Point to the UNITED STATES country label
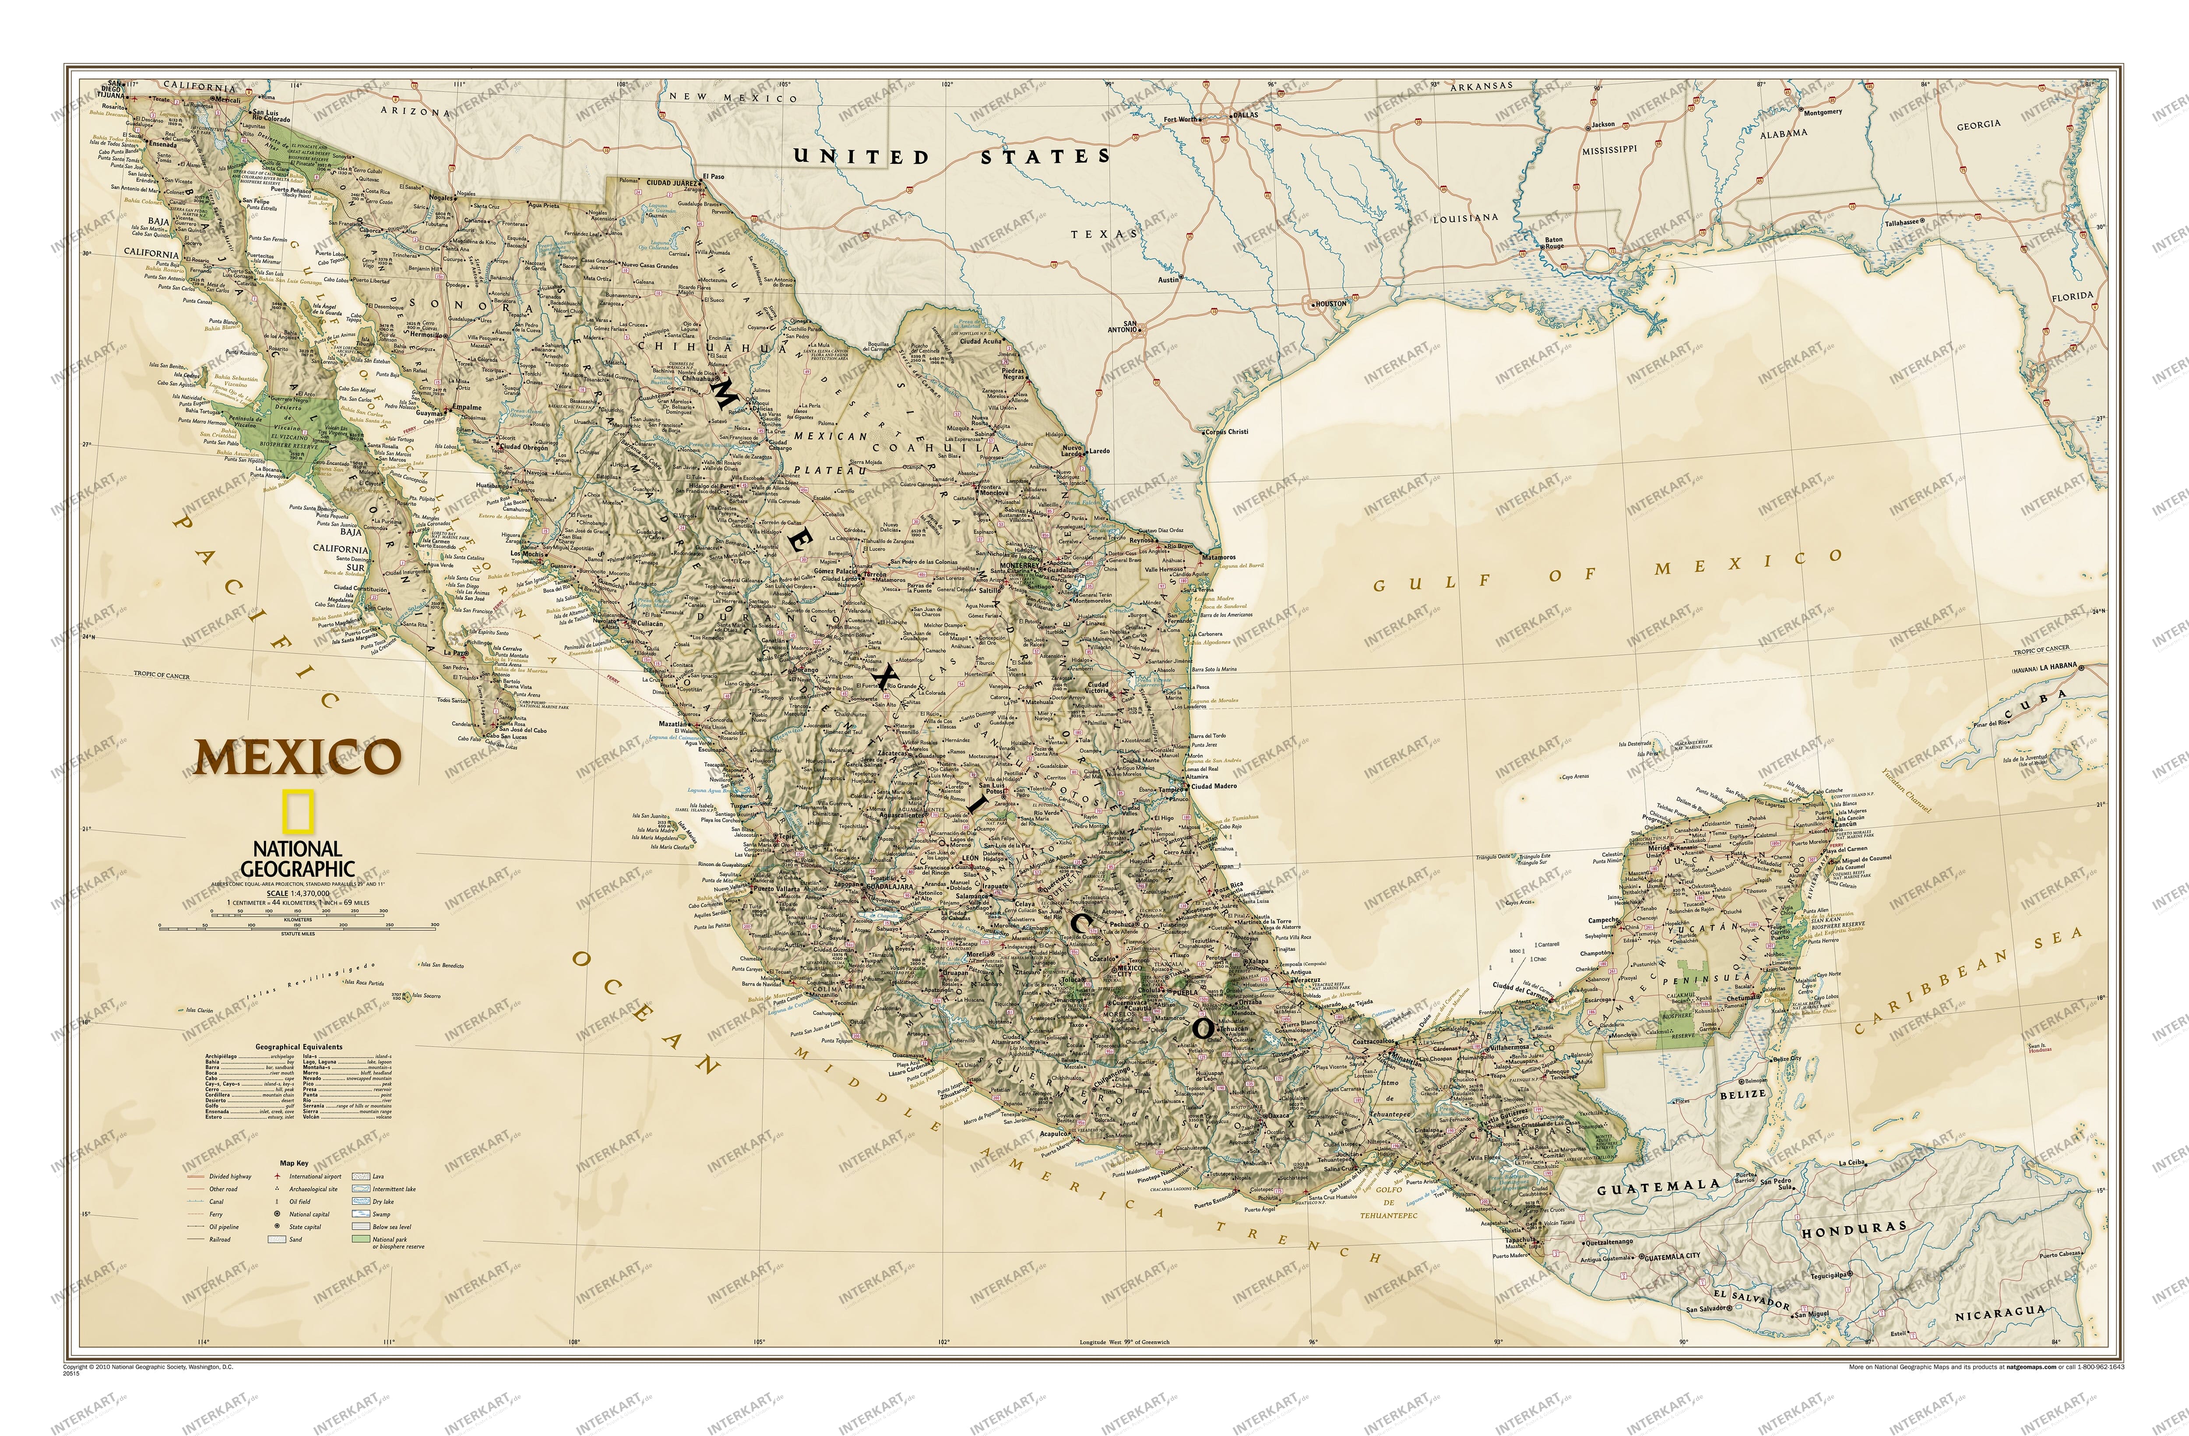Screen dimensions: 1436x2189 tap(952, 156)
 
